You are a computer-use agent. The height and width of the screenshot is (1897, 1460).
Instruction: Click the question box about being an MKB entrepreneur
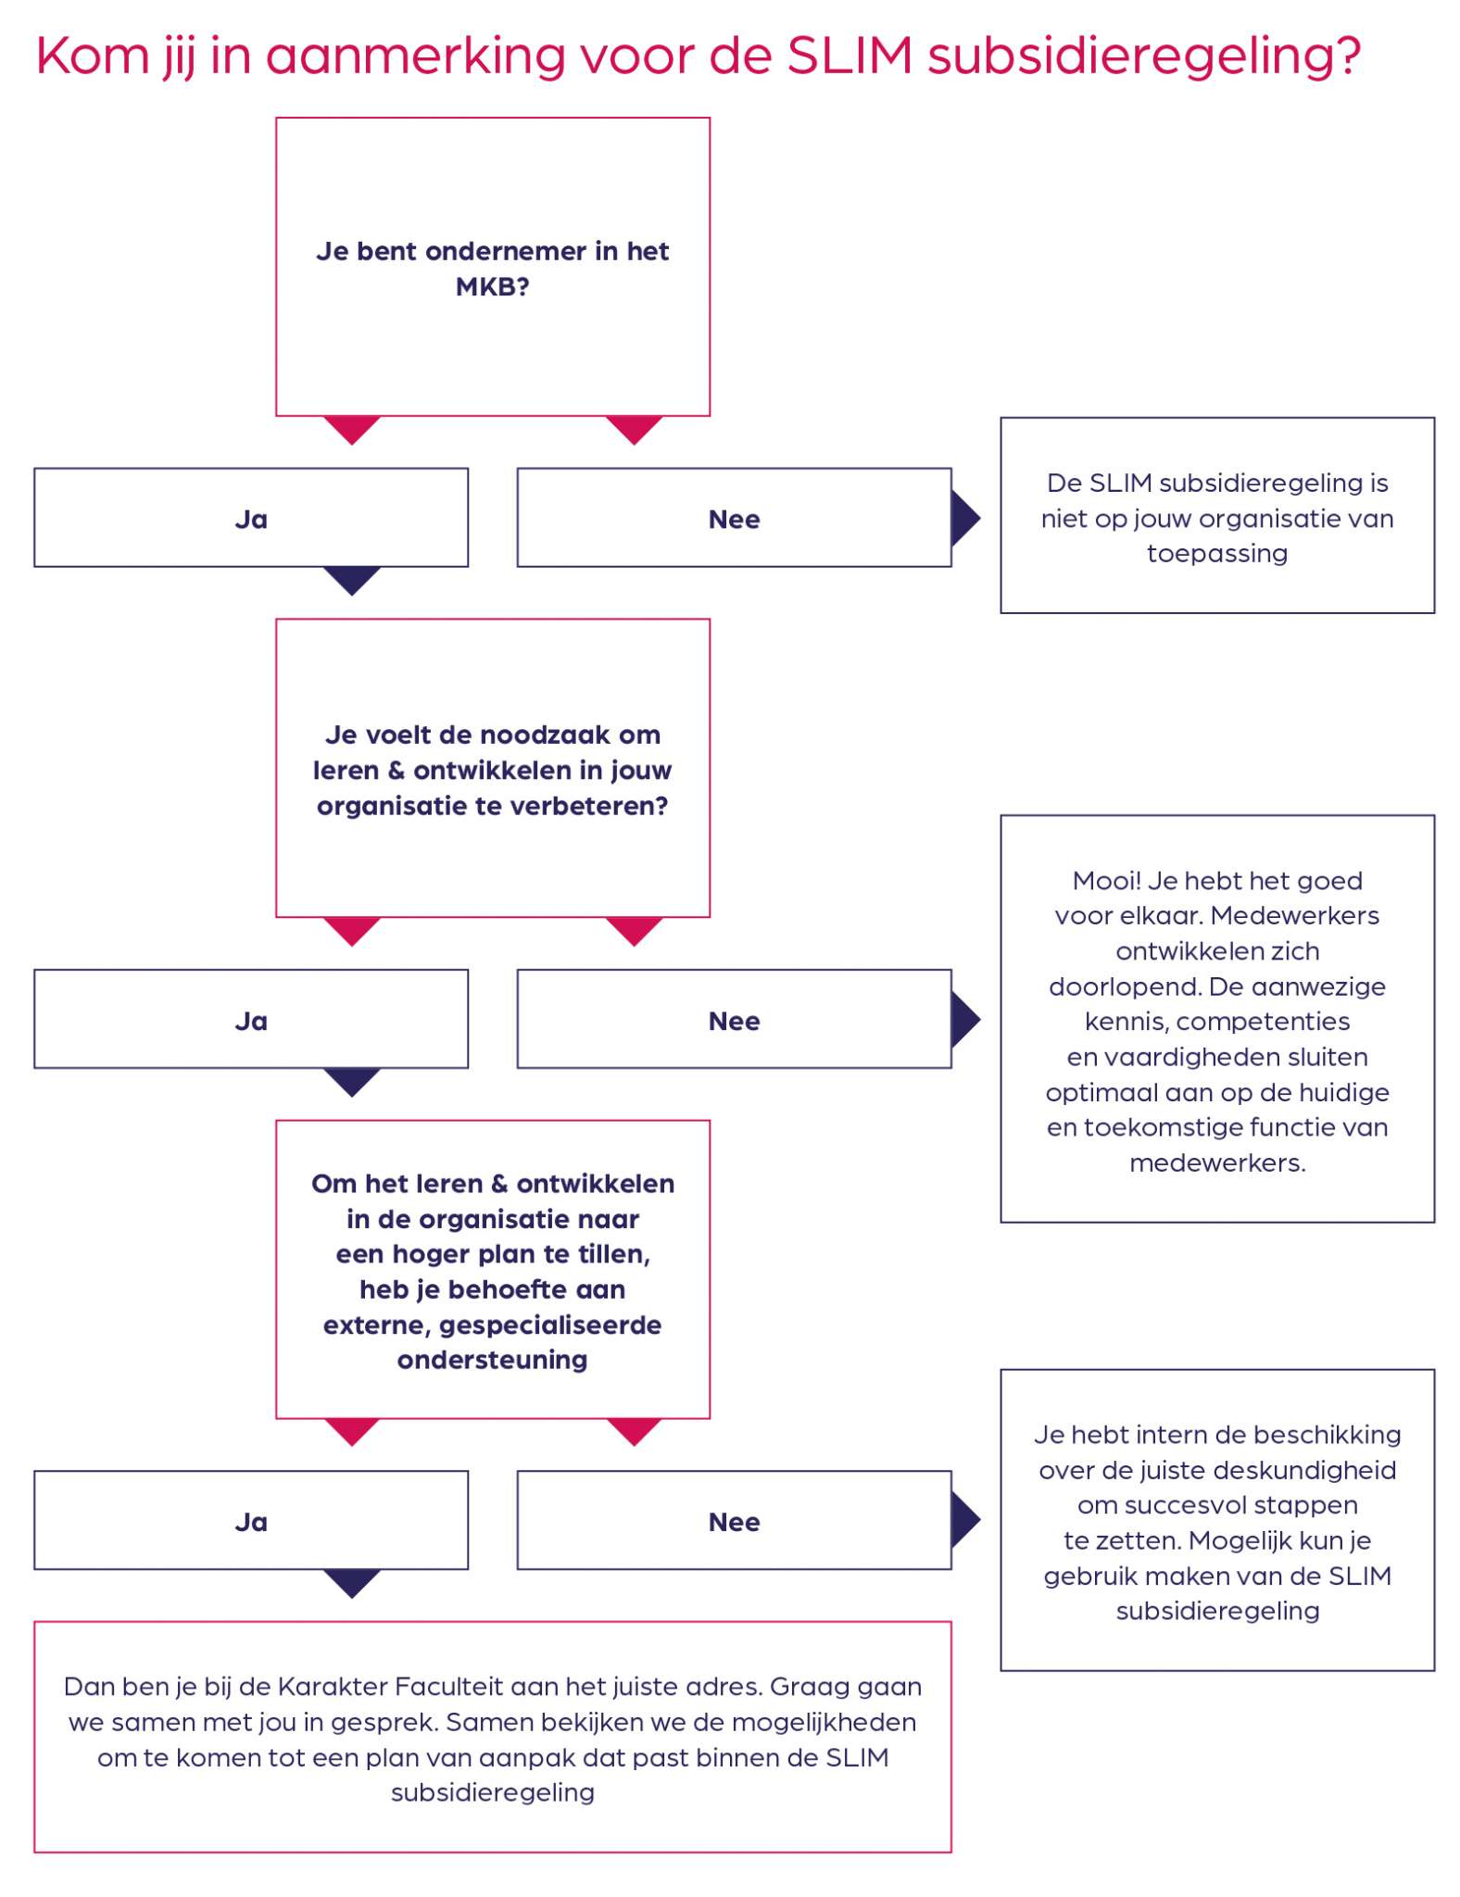493,267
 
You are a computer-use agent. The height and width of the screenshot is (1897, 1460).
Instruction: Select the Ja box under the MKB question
251,518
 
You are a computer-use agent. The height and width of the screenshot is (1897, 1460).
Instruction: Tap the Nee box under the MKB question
734,518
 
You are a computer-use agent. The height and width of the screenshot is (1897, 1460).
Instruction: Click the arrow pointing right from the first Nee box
964,518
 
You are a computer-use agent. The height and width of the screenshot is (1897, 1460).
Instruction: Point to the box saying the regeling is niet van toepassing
1217,516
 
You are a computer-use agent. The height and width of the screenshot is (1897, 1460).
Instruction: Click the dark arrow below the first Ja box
352,581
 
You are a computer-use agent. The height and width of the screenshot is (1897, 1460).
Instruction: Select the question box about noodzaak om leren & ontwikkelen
493,768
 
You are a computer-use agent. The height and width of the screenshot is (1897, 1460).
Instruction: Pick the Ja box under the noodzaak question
251,1019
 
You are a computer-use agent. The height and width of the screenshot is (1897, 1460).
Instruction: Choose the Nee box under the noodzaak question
734,1019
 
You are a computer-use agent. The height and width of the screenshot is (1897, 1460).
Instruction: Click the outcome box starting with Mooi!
1217,1019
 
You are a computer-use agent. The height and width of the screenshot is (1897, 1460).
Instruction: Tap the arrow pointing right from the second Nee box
964,1019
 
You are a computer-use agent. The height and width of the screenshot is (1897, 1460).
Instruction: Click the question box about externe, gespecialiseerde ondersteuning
493,1269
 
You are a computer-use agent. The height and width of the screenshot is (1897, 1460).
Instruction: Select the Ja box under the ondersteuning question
251,1520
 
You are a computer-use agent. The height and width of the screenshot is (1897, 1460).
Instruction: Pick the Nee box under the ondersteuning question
734,1520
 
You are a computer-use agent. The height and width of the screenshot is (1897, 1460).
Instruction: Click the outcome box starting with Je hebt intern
1217,1520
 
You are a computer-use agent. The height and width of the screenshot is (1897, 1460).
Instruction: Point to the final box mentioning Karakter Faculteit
493,1737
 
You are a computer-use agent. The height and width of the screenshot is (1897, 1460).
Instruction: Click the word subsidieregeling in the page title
1144,57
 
